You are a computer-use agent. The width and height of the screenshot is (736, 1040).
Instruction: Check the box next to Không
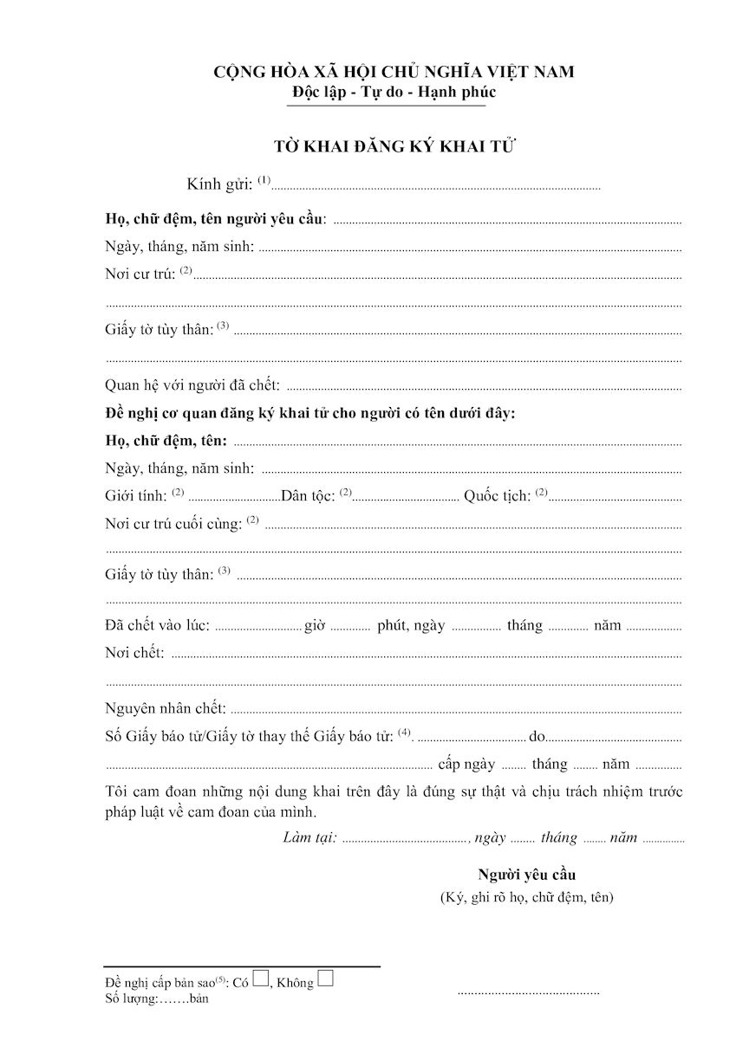326,979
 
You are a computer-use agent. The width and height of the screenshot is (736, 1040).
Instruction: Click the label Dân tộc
309,497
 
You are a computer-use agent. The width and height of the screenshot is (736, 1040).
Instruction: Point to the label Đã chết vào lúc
157,625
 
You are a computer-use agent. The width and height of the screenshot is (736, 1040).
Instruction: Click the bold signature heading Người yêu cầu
526,874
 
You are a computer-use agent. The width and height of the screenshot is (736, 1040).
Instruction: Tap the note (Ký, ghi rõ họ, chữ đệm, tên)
526,897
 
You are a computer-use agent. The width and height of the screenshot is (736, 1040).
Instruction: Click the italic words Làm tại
309,837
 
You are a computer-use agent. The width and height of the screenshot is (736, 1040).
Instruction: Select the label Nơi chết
134,653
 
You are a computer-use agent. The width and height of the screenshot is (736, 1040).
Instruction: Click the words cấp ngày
466,764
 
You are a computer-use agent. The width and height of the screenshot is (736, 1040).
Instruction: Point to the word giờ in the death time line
314,625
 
